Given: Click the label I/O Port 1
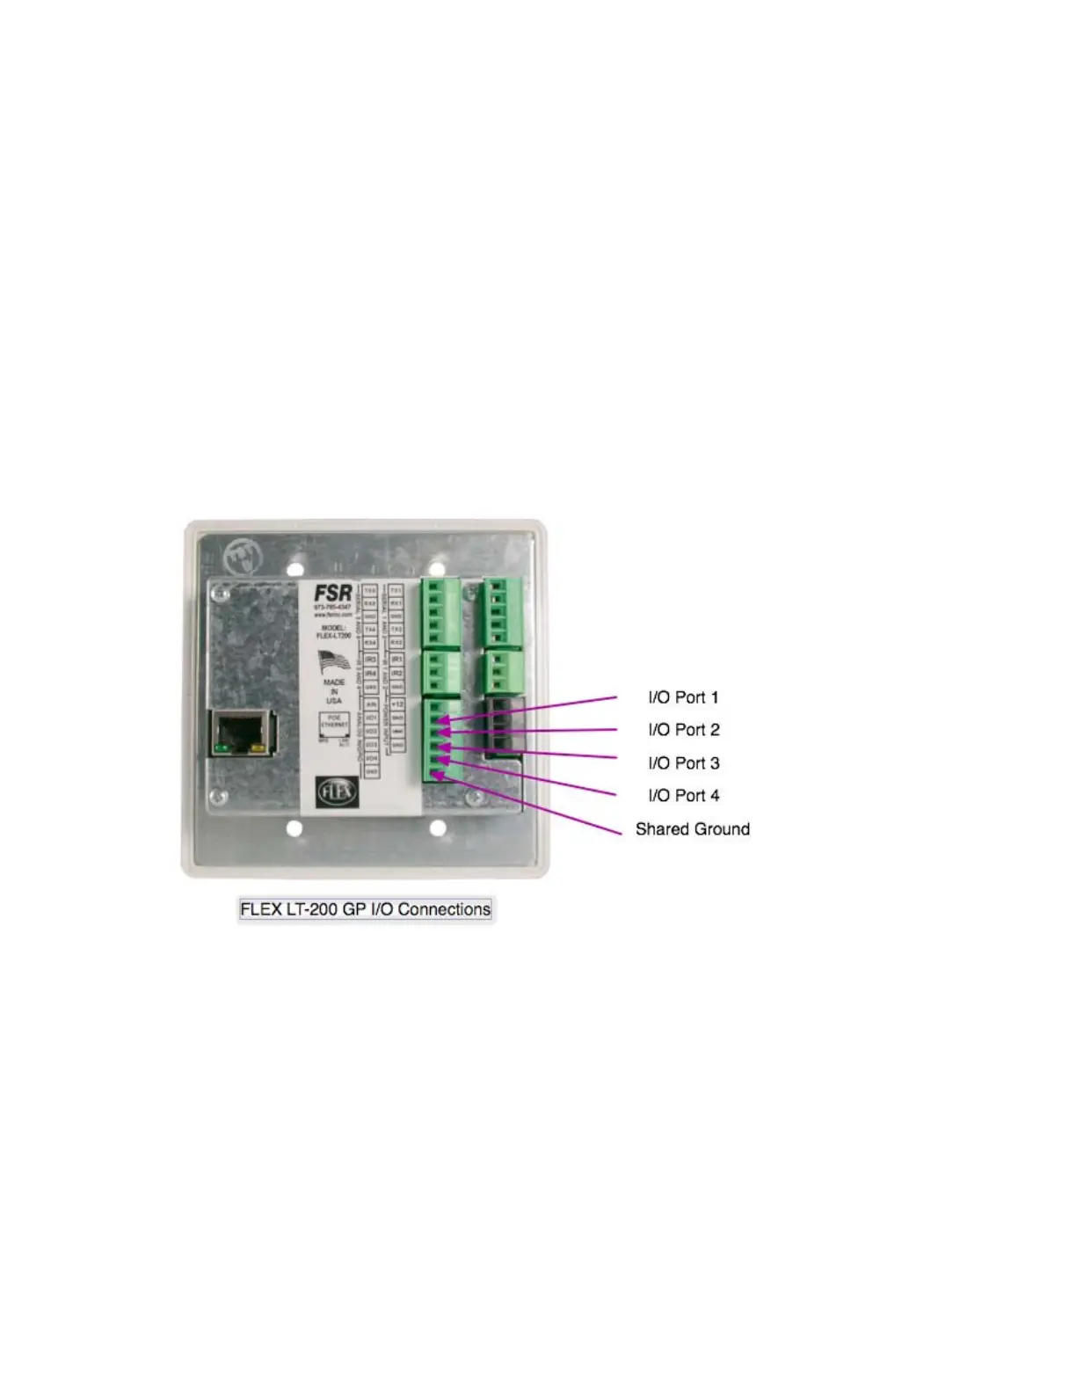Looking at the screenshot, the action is (683, 697).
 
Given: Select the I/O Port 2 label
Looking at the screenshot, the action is (683, 730).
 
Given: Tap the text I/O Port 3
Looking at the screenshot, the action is (683, 763).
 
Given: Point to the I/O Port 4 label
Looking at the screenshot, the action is (683, 796).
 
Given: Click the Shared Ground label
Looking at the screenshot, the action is (692, 829).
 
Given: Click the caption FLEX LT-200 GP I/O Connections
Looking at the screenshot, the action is (365, 909).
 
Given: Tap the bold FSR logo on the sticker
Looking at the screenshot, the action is (333, 594).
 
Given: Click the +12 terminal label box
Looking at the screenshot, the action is (397, 704).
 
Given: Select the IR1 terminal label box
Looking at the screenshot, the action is (397, 659).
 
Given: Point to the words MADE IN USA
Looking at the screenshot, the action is (334, 691).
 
